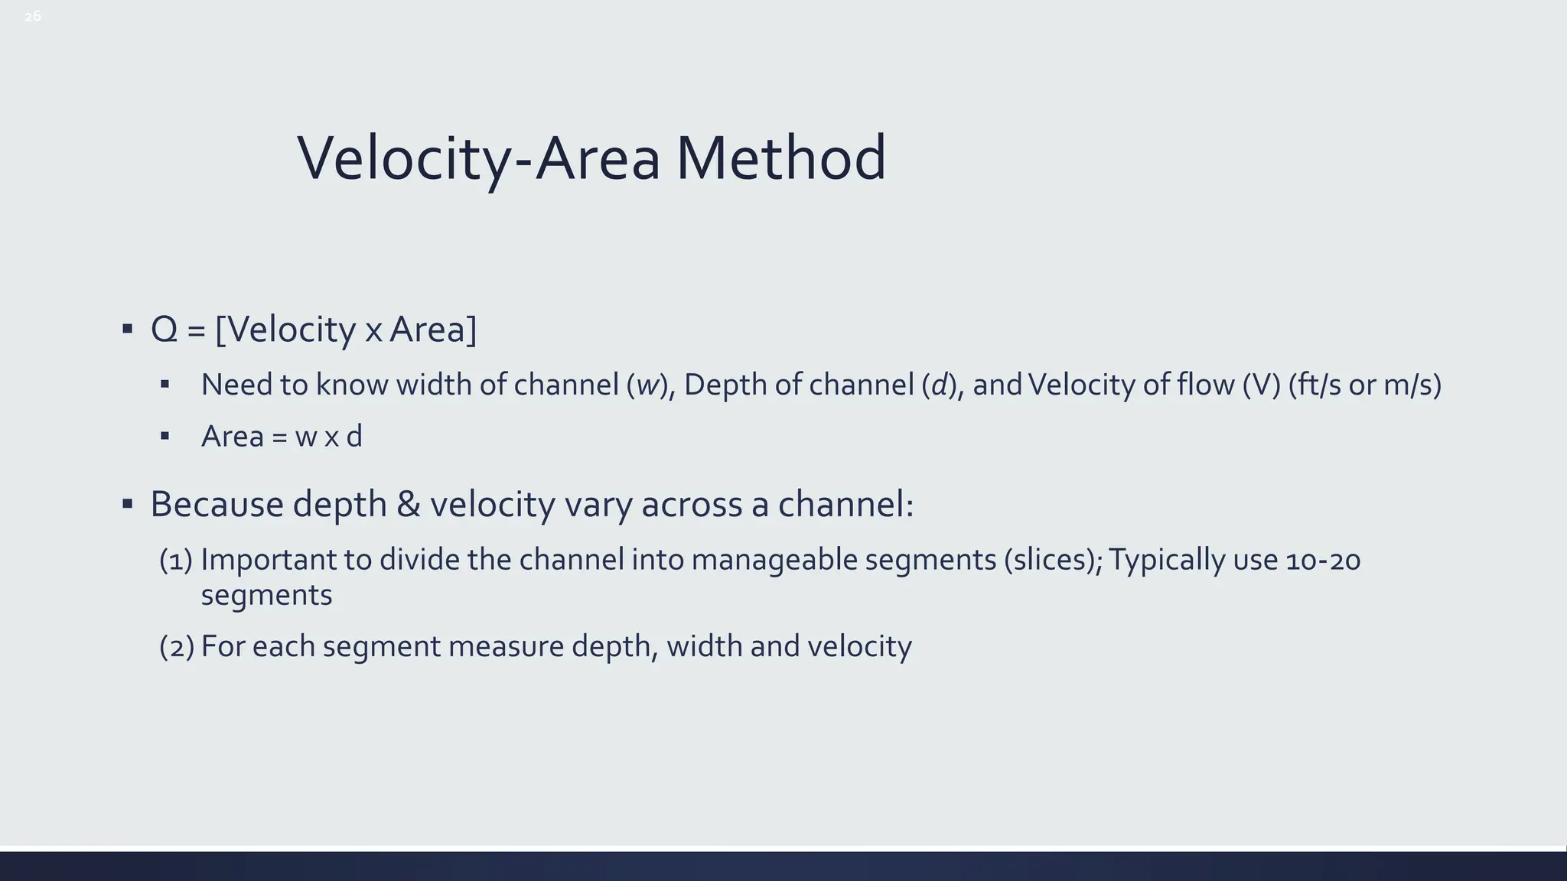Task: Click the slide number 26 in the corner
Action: point(33,16)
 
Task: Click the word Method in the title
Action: point(780,158)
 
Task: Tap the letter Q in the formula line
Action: point(165,330)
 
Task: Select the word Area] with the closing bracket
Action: point(433,330)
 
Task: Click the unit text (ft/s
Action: point(1315,385)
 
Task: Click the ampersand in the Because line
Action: point(409,504)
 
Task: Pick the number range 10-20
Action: point(1323,560)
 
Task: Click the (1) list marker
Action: point(175,560)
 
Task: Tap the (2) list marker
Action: point(176,646)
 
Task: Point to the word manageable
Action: point(774,560)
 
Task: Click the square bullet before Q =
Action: point(127,330)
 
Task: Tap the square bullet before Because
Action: point(127,504)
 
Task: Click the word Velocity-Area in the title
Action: point(478,158)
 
